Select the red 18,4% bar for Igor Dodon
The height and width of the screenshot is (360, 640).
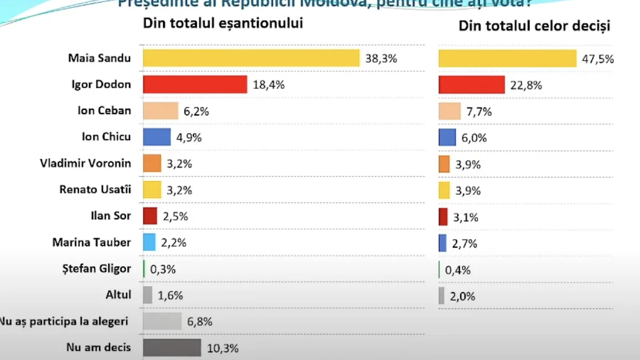tap(195, 84)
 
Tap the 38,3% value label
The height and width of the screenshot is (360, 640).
tap(381, 59)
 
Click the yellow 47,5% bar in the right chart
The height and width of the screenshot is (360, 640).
tap(507, 59)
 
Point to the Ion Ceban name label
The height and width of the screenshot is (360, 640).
tap(105, 110)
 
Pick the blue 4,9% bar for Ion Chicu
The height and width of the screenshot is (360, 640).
tap(157, 137)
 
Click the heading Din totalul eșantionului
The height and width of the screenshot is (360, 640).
tap(222, 23)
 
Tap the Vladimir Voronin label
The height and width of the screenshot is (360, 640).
tap(85, 163)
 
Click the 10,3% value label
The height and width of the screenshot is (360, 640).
tap(222, 349)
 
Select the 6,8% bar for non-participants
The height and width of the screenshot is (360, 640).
tap(162, 322)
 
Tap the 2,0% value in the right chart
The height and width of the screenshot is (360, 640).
tap(463, 297)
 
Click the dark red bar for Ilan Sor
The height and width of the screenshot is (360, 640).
tap(150, 216)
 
